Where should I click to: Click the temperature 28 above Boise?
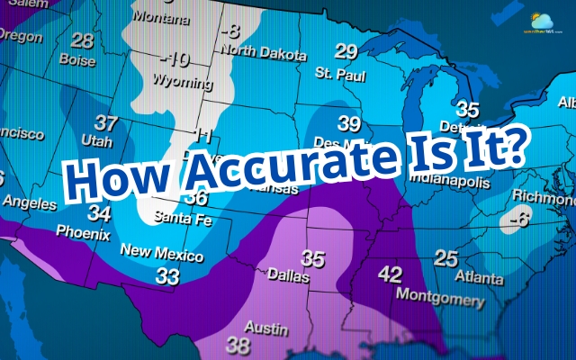pos(82,41)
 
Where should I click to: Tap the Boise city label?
pos(77,60)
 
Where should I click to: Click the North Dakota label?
pos(265,54)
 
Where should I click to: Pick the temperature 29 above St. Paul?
pos(346,50)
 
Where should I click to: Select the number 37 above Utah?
pos(106,123)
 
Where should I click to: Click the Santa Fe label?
pos(178,217)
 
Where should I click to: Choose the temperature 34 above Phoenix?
pos(100,214)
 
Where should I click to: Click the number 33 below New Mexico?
pos(167,277)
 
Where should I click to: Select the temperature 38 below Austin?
pos(238,344)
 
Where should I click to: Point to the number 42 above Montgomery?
pos(390,274)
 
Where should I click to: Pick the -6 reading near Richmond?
pos(517,218)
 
